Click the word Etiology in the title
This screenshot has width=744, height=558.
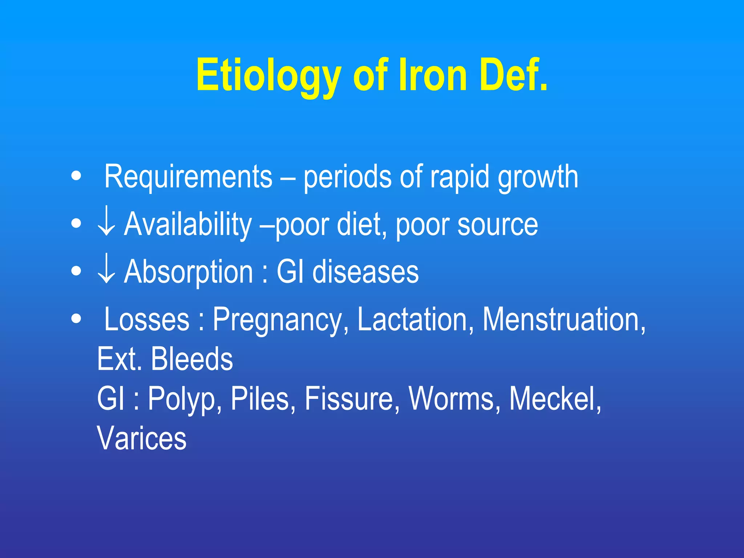click(x=269, y=76)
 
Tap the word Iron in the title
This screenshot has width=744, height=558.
click(x=433, y=76)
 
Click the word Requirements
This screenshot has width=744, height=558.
click(x=188, y=177)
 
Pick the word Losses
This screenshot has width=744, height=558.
click(x=147, y=319)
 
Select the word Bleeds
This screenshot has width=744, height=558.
click(x=192, y=359)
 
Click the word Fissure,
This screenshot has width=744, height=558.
click(x=352, y=399)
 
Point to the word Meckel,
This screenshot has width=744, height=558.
click(x=555, y=399)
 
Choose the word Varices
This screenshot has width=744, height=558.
click(x=142, y=438)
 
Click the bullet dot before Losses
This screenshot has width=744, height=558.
click(x=76, y=319)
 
